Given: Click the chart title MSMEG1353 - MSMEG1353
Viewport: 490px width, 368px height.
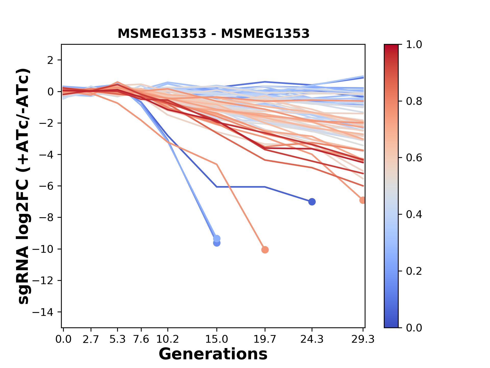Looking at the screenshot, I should [213, 34].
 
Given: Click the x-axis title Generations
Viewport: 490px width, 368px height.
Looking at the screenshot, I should [213, 354].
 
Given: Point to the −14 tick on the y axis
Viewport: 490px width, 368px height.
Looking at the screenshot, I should [46, 312].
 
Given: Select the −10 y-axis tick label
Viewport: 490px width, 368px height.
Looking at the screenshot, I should [46, 249].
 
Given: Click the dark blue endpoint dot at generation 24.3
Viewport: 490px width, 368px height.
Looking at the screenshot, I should [312, 202].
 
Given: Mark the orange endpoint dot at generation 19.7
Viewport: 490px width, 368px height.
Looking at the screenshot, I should [265, 250].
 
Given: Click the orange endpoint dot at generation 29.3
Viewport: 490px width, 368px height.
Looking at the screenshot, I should [362, 200].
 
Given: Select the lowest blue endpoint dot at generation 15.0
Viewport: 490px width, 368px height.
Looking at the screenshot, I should [217, 243].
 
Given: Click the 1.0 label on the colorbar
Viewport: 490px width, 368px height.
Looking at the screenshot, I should [414, 45].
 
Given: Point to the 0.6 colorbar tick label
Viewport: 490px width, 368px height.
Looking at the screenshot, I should [414, 158].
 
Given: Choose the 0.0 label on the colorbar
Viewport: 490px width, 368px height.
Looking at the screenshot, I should [414, 328].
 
